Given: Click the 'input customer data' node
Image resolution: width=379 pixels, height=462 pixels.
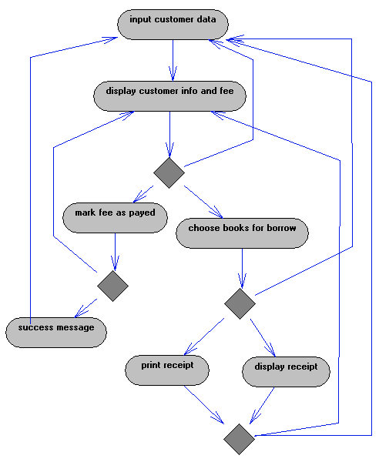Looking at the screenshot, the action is [x=173, y=25].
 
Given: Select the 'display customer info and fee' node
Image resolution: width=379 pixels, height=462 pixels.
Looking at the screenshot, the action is [x=169, y=96].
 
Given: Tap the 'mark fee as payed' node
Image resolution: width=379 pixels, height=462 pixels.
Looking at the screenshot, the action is [x=115, y=218].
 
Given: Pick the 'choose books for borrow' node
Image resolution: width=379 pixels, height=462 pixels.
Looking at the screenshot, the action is [x=242, y=233].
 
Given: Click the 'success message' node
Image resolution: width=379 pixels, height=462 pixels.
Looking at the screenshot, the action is [x=56, y=333].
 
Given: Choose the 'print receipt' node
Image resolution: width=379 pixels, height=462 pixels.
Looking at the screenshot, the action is [x=167, y=370].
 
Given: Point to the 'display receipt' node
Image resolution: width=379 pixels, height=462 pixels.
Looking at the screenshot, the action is [x=286, y=372].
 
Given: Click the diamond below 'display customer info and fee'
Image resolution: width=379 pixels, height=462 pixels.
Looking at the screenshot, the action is [x=169, y=172].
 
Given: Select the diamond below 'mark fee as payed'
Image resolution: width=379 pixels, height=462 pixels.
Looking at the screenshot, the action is [x=113, y=286].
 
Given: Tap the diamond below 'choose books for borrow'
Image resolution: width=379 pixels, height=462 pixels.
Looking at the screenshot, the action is [x=240, y=303].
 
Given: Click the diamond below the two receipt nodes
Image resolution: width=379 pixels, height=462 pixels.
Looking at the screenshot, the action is [x=239, y=439].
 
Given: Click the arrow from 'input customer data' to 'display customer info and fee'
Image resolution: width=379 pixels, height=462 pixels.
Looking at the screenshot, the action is [x=173, y=60].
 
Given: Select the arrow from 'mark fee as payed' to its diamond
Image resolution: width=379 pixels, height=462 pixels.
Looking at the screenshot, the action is [x=115, y=252].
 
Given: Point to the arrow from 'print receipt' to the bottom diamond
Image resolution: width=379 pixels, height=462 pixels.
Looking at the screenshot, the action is [x=204, y=405].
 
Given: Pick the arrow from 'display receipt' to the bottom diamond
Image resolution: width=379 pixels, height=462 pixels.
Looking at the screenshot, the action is [x=262, y=406].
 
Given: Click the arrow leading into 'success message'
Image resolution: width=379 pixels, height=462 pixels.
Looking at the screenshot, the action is [x=86, y=308].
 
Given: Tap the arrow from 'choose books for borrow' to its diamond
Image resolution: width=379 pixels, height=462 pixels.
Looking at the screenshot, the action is [x=242, y=269].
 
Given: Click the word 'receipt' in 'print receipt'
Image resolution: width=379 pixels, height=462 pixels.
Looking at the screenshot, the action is [x=180, y=365].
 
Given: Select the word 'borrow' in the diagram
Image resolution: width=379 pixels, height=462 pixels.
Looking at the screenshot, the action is [x=281, y=228].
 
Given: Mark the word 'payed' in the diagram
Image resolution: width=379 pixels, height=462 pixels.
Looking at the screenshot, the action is [x=142, y=213].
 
